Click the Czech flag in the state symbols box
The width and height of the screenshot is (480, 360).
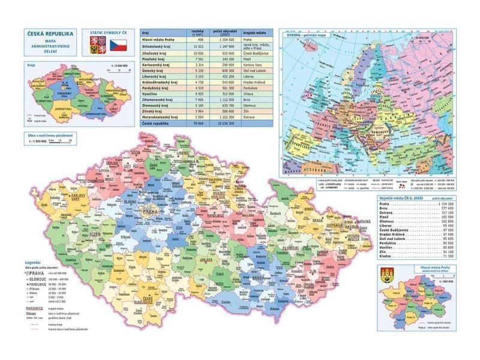point(118,44)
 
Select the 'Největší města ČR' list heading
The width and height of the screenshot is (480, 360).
point(399,197)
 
